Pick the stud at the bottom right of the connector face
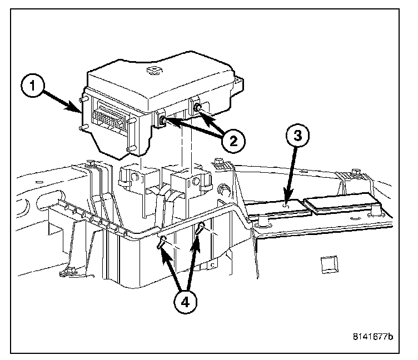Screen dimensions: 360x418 pyautogui.click(x=130, y=148)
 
